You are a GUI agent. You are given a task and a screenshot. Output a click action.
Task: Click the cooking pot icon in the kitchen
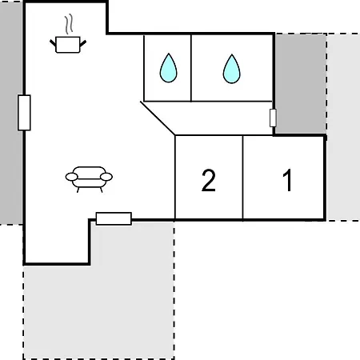[x=68, y=45]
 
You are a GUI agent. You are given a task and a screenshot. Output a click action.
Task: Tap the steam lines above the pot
[x=69, y=24]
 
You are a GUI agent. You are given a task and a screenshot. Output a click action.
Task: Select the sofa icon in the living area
[x=89, y=179]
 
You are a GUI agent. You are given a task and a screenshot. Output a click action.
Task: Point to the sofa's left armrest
[x=71, y=177]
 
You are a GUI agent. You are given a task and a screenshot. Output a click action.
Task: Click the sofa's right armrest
[x=106, y=177]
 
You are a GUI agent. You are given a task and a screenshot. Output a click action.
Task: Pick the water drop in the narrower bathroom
[x=168, y=68]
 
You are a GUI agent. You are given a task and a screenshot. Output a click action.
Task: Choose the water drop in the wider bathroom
[x=231, y=69]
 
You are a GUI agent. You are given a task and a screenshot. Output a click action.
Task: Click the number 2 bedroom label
[x=209, y=180]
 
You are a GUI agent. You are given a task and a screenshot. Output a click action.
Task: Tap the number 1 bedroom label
[x=287, y=180]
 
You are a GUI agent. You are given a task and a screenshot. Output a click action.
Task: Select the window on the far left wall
[x=24, y=113]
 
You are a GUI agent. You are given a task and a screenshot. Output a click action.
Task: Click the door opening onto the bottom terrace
[x=114, y=218]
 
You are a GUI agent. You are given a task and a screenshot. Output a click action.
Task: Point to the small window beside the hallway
[x=273, y=118]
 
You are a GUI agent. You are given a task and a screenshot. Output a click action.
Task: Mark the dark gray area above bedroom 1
[x=301, y=83]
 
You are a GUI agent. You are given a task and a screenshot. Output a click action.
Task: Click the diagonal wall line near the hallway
[x=158, y=118]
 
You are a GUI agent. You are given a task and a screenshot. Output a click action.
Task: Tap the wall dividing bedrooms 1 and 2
[x=243, y=178]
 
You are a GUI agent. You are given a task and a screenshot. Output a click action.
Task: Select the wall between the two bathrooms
[x=191, y=68]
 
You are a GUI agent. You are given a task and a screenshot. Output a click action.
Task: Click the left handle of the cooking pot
[x=53, y=42]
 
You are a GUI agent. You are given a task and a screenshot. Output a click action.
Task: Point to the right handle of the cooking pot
[x=83, y=43]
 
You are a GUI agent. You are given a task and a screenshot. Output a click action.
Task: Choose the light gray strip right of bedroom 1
[x=343, y=127]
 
